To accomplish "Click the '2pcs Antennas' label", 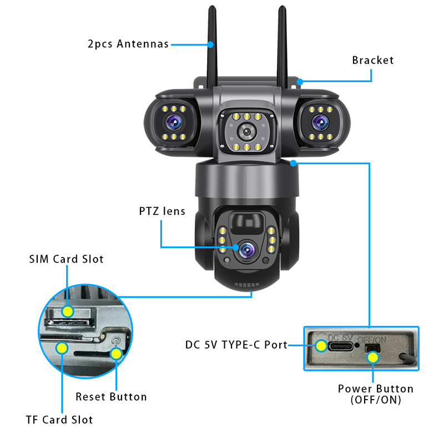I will [x=128, y=44].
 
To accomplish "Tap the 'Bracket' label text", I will [x=372, y=60].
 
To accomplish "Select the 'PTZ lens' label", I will [x=162, y=211].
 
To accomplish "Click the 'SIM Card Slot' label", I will [x=66, y=259].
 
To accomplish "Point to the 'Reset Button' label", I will [x=111, y=397].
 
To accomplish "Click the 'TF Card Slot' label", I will [x=59, y=420].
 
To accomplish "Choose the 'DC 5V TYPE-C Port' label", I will [x=236, y=345].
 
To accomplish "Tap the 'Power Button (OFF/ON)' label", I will [x=376, y=394].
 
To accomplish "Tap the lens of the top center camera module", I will [x=245, y=132].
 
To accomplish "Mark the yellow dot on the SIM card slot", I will [x=67, y=311].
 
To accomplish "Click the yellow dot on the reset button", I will [x=115, y=354].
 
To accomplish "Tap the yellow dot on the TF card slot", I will [x=61, y=348].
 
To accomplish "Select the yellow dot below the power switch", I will [x=373, y=357].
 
